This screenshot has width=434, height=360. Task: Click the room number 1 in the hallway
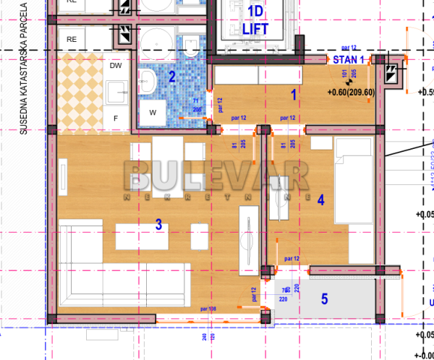pyautogui.click(x=294, y=93)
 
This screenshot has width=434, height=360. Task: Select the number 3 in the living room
pyautogui.click(x=158, y=224)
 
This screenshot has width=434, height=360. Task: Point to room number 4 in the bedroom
pyautogui.click(x=320, y=200)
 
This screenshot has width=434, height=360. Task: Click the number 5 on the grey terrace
pyautogui.click(x=324, y=298)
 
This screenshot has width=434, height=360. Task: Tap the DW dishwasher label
pyautogui.click(x=116, y=66)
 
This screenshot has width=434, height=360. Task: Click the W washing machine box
pyautogui.click(x=153, y=113)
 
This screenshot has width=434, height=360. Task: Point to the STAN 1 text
pyautogui.click(x=349, y=59)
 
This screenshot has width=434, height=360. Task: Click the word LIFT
pyautogui.click(x=255, y=29)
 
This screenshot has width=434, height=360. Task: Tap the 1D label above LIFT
pyautogui.click(x=255, y=12)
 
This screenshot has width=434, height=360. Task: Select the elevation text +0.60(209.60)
pyautogui.click(x=350, y=92)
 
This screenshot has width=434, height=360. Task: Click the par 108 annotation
pyautogui.click(x=207, y=309)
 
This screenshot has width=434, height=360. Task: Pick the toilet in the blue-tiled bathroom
pyautogui.click(x=190, y=48)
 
